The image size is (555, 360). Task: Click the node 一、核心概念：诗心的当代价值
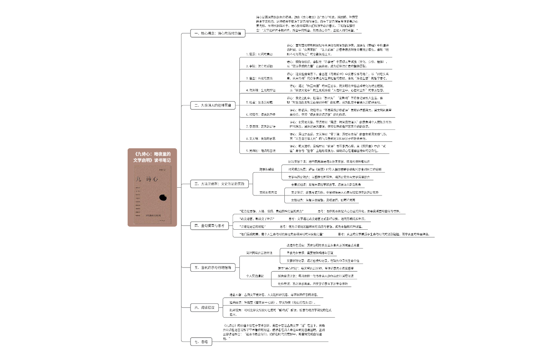coord(218,33)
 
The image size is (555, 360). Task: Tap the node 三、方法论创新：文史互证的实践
coord(219,183)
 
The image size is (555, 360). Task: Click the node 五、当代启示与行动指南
coord(213,267)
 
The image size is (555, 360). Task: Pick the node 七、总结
coord(200,342)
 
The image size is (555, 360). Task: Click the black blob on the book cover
coord(163,197)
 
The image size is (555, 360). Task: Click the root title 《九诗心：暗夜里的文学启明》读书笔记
coord(152,157)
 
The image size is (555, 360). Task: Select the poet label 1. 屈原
coord(259,54)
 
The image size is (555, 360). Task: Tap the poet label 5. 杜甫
coord(259,102)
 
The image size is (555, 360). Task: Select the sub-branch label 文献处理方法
coord(268,192)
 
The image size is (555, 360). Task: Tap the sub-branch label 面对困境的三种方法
coord(259,253)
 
